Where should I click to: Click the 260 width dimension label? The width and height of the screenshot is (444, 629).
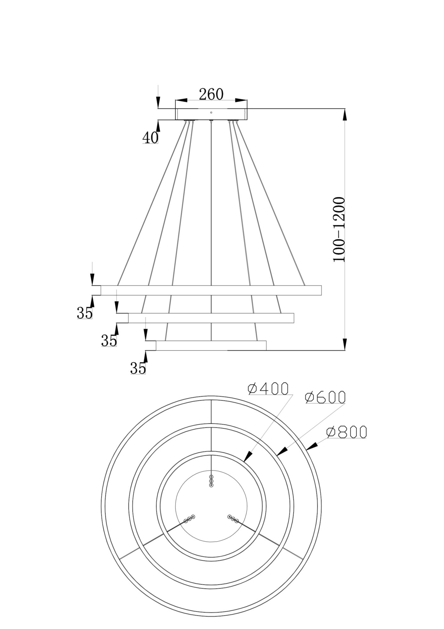point(211,94)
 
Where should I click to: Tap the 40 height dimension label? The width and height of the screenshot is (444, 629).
point(151,137)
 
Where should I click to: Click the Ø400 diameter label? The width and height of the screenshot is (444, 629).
point(268,389)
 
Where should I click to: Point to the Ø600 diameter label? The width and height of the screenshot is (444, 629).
point(326,398)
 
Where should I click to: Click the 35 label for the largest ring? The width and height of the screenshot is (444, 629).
point(85,313)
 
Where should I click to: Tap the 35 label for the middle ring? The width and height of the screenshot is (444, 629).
point(109,341)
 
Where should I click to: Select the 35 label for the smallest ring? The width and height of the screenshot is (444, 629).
point(138,368)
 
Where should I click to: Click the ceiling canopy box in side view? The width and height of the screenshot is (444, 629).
point(211,114)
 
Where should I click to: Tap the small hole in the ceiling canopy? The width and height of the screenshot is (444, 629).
point(211,112)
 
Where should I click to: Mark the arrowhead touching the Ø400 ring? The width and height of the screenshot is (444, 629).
point(248,456)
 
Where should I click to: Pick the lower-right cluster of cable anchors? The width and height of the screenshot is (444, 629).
point(233,519)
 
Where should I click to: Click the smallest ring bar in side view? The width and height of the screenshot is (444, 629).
point(211,345)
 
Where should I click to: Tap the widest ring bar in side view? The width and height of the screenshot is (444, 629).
point(211,290)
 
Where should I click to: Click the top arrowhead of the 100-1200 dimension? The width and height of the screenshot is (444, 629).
point(345,114)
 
